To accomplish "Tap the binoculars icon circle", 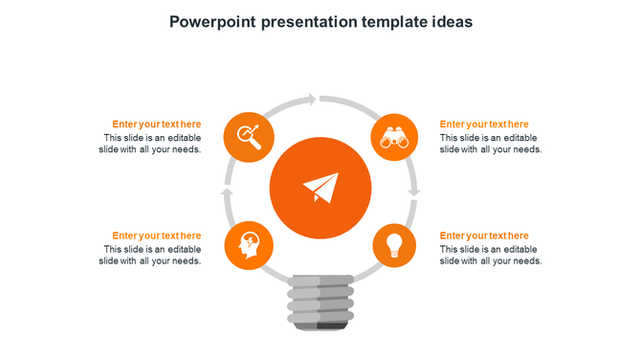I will tap(394, 138).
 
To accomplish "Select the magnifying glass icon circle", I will tap(247, 138).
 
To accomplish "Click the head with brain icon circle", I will tap(248, 246).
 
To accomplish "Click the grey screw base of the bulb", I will tap(320, 302).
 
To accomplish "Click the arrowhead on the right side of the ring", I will tap(413, 192).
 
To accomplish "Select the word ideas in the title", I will tap(450, 21).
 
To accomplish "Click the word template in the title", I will tap(387, 21).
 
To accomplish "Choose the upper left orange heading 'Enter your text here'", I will tap(156, 124).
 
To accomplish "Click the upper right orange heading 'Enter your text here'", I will tap(484, 124).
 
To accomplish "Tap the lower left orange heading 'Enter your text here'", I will tap(156, 236).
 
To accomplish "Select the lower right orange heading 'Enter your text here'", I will tap(484, 236).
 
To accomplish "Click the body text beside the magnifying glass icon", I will tap(150, 144).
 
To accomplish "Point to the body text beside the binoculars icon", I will tap(491, 144).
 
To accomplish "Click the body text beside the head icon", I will tap(150, 255).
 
